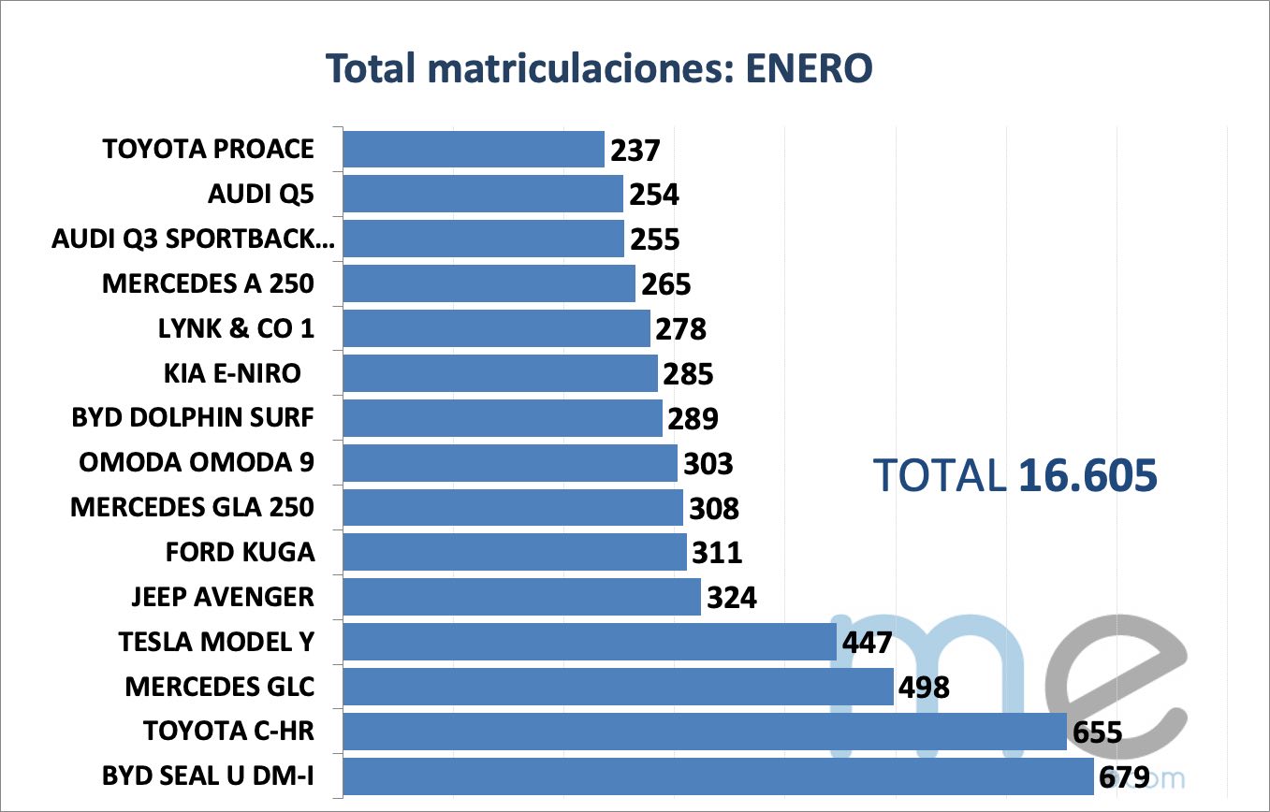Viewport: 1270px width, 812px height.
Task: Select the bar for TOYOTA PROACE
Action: click(x=474, y=150)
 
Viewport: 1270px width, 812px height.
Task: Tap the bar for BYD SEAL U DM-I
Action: click(x=718, y=776)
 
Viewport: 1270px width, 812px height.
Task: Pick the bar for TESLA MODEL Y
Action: click(x=589, y=642)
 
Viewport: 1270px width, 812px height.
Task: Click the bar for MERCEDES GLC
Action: click(x=618, y=687)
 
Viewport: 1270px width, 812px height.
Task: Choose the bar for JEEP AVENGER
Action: click(x=521, y=597)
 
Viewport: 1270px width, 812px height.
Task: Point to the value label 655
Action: click(x=1097, y=732)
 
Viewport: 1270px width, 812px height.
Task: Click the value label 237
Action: click(x=635, y=150)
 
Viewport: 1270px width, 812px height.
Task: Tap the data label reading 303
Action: click(x=708, y=463)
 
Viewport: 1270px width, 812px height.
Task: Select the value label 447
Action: click(x=867, y=642)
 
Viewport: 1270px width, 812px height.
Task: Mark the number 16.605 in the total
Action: click(x=1088, y=476)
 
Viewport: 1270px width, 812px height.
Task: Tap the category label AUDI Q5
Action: click(x=261, y=195)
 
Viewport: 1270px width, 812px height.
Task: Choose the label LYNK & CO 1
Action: click(x=237, y=328)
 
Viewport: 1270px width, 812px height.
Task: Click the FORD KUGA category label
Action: click(x=240, y=552)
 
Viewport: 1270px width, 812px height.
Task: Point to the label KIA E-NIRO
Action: click(x=232, y=373)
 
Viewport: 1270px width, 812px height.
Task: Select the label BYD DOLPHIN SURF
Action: click(x=193, y=417)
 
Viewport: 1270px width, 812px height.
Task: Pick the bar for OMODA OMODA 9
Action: click(x=510, y=463)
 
